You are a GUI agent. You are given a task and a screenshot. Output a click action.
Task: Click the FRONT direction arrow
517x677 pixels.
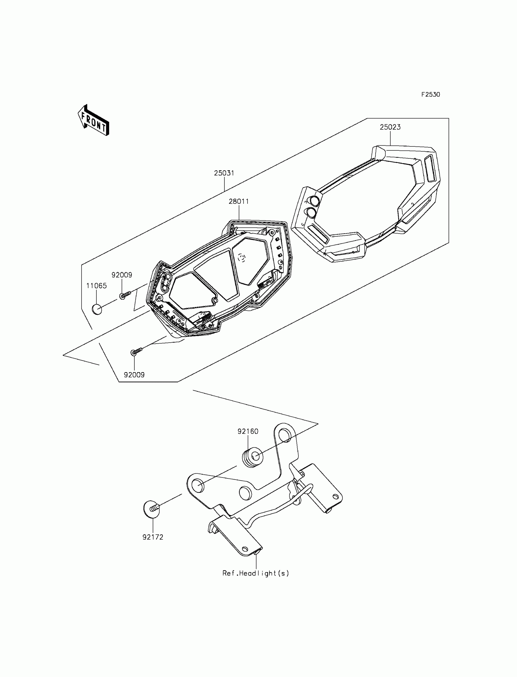tap(93, 121)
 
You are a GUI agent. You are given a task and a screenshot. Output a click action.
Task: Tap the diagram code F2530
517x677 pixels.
tap(431, 95)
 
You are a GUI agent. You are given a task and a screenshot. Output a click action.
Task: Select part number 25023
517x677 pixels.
tap(390, 127)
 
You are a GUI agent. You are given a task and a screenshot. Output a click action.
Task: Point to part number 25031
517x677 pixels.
tap(224, 173)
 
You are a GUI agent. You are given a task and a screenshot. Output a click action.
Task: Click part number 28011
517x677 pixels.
tap(238, 202)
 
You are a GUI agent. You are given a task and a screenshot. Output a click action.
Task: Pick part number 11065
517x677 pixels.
tap(96, 286)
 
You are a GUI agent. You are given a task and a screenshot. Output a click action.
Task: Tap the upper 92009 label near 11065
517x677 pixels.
tap(122, 275)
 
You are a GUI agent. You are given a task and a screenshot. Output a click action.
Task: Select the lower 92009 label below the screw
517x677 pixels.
tap(134, 375)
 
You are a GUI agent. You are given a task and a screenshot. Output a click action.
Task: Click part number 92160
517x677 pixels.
tap(248, 432)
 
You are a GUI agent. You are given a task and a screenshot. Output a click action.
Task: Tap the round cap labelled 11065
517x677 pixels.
tap(97, 309)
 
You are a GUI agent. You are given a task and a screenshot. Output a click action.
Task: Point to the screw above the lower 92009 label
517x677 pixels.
tap(136, 351)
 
